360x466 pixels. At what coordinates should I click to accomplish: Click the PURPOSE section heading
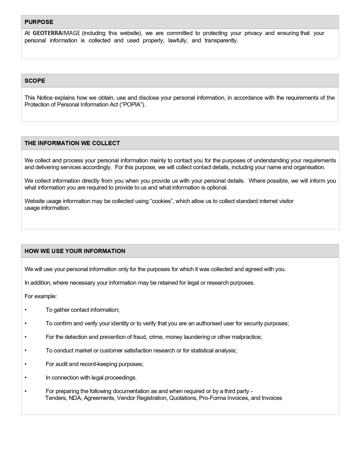(x=39, y=22)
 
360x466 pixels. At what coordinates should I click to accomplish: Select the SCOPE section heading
(x=35, y=81)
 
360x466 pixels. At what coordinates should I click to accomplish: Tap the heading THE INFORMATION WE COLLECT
(x=72, y=143)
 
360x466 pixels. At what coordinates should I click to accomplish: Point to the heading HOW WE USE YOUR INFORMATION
(x=75, y=251)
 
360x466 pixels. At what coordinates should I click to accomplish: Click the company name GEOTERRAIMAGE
(x=56, y=33)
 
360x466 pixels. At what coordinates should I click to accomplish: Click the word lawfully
(x=178, y=40)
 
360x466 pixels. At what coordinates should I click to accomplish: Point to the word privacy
(x=253, y=33)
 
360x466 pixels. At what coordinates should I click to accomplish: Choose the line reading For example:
(x=41, y=296)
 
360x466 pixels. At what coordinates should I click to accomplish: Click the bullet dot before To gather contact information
(x=25, y=310)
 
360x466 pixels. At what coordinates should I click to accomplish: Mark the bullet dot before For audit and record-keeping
(x=25, y=364)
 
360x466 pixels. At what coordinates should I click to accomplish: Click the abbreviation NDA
(x=75, y=398)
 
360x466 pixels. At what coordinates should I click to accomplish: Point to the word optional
(x=217, y=188)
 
